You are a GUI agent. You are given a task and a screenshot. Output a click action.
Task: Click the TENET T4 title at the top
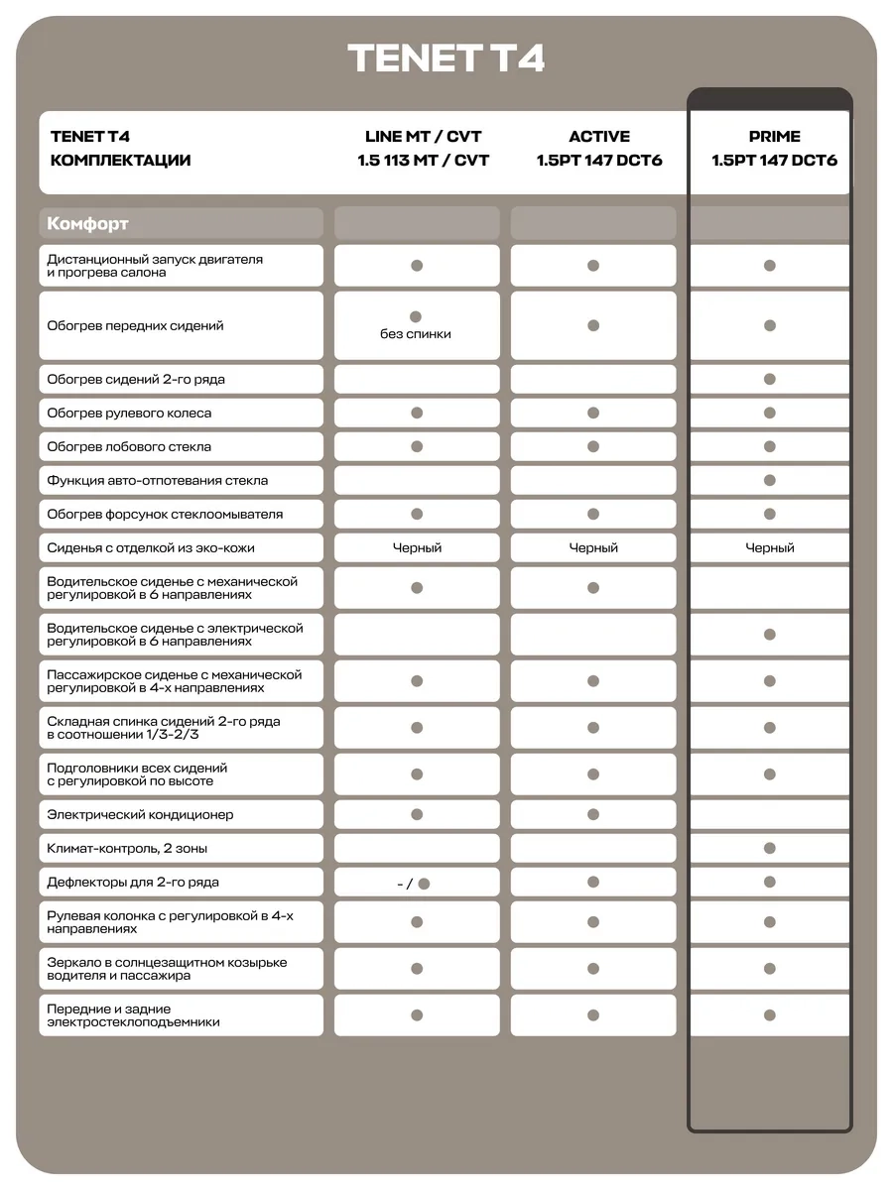[446, 59]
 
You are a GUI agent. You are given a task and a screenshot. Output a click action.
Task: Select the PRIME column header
[774, 137]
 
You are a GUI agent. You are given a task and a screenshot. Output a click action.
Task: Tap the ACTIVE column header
[599, 137]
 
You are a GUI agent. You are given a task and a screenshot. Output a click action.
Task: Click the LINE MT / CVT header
[423, 137]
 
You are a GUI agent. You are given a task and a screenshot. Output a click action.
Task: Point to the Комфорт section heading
[88, 224]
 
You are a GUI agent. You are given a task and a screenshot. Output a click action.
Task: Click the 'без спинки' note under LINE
[416, 334]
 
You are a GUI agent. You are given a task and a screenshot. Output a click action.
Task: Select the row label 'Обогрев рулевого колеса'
[129, 413]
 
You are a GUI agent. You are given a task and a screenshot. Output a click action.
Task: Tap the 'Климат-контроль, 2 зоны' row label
[127, 848]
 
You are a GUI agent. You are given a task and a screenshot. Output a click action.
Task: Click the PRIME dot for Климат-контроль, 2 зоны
[770, 848]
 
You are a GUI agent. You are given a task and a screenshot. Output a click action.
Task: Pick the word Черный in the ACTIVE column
[593, 547]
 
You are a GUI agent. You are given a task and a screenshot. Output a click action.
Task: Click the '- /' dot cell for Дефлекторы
[417, 883]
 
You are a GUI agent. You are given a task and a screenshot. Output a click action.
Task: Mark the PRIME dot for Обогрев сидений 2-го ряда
[770, 379]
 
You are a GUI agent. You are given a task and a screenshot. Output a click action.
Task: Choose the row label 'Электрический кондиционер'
[140, 814]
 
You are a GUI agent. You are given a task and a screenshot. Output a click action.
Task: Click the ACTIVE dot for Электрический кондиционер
[593, 814]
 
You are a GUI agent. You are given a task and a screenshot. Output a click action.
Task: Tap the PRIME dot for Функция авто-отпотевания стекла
[770, 480]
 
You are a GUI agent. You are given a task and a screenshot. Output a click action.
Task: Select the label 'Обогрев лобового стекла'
[129, 446]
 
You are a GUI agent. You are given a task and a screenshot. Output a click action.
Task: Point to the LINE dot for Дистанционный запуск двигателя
[417, 266]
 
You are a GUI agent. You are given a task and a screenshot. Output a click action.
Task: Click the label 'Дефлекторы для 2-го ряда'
[133, 882]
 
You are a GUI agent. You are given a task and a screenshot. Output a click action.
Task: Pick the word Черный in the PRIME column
[770, 547]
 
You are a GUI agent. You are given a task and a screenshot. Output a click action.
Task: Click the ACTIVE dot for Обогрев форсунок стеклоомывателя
[593, 514]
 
